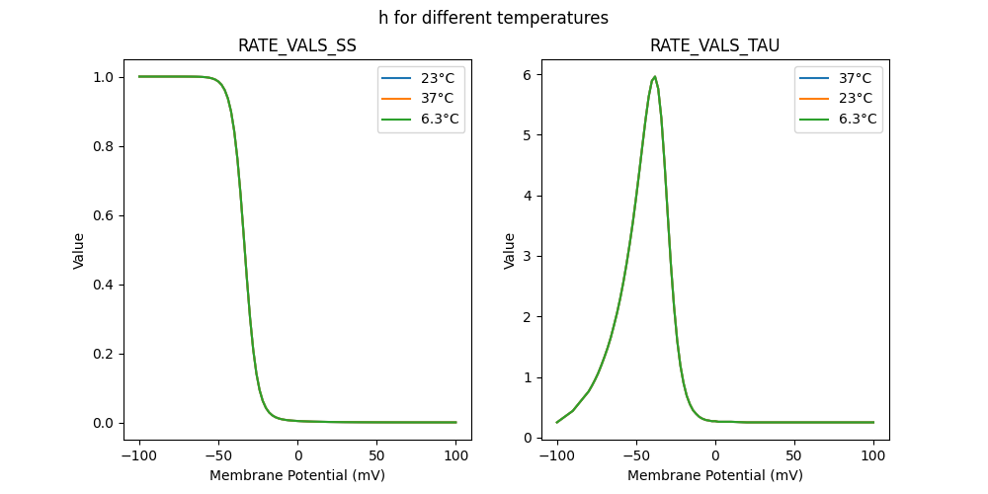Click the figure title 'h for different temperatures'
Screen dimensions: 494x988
[x=493, y=18]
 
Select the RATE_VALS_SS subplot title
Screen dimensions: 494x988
[x=297, y=45]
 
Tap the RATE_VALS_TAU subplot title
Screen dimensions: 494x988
[x=714, y=45]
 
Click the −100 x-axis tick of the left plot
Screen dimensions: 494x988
[x=139, y=455]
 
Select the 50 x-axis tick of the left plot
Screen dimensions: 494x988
[x=376, y=455]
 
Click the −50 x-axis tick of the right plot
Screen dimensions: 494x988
[x=636, y=455]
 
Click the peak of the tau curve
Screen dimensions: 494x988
[x=654, y=77]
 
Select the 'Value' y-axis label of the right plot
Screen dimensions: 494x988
[x=510, y=251]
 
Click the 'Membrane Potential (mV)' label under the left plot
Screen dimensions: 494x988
[x=297, y=475]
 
